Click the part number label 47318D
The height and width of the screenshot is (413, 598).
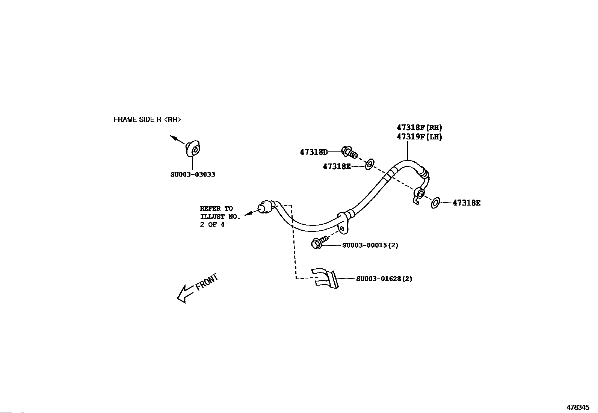(x=314, y=152)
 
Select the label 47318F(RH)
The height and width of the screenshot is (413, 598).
(x=419, y=127)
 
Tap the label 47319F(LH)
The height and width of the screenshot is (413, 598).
(x=419, y=137)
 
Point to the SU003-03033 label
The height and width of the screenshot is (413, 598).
(x=193, y=174)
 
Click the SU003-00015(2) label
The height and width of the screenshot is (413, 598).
(x=370, y=245)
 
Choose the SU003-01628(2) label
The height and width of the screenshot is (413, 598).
(x=384, y=279)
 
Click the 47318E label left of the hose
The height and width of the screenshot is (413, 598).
(x=337, y=166)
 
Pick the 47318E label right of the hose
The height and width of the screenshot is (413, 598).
(x=467, y=203)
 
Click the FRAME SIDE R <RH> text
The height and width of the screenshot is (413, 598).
(x=147, y=120)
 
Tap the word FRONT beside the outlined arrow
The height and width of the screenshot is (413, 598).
(x=207, y=282)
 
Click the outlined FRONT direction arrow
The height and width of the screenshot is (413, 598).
(x=186, y=294)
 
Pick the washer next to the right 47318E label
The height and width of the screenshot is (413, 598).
(x=435, y=203)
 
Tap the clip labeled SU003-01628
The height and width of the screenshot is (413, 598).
(x=326, y=278)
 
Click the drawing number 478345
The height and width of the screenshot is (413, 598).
(x=578, y=407)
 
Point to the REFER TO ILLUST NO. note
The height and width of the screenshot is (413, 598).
(x=220, y=216)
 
